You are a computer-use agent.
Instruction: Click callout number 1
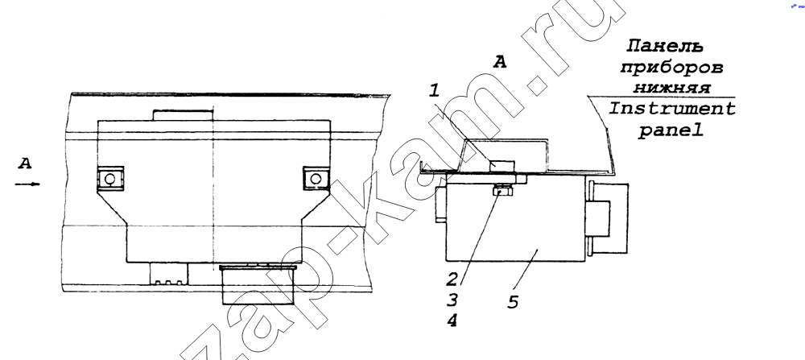click(435, 92)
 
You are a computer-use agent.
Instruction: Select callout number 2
click(452, 279)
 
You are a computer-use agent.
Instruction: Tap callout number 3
click(452, 300)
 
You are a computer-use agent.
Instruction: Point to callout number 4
click(452, 321)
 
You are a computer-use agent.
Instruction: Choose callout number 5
click(513, 301)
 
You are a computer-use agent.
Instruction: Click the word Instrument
click(672, 110)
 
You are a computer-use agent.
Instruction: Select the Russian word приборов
click(671, 68)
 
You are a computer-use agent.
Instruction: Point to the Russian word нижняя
click(672, 88)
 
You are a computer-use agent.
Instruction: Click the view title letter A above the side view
click(500, 62)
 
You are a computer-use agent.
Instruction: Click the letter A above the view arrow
click(25, 163)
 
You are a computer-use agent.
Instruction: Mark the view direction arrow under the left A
click(27, 184)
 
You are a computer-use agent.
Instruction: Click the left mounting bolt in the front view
click(110, 179)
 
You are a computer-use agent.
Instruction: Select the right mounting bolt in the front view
click(316, 178)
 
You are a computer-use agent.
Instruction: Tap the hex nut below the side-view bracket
click(501, 191)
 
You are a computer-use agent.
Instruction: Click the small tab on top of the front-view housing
click(183, 114)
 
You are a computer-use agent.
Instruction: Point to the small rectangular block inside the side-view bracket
click(502, 166)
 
